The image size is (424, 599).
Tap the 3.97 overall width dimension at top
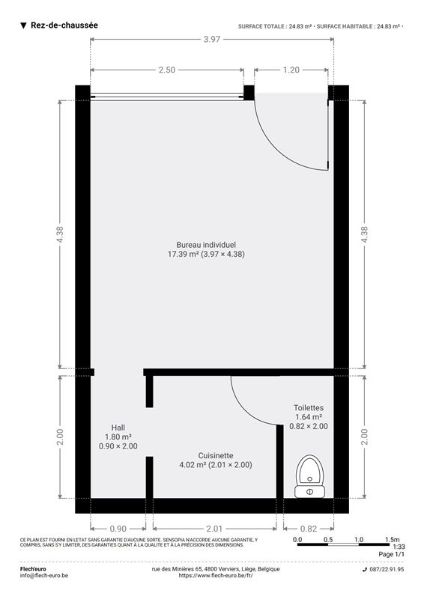212,39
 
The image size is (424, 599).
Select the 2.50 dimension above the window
167,70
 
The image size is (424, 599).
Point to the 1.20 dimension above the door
291,70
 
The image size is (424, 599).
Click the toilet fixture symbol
309,476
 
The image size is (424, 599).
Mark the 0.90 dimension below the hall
118,529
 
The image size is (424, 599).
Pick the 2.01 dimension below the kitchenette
214,529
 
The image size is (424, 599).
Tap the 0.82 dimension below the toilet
309,529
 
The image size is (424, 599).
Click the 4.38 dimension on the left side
60,234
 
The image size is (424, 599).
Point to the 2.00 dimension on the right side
364,437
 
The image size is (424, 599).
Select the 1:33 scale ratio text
399,547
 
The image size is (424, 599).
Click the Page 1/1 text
391,554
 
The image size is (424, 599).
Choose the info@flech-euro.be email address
44,575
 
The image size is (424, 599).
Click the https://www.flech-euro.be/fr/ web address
216,575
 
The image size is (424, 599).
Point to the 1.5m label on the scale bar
392,539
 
